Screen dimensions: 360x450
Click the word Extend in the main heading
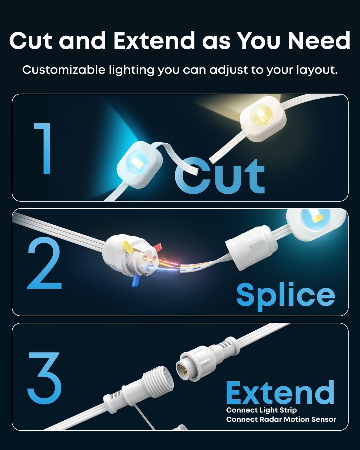pos(154,40)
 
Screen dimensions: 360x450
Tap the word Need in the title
pos(319,40)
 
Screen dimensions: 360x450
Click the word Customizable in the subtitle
pos(64,70)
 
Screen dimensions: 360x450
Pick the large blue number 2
pos(44,263)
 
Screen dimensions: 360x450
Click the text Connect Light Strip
pos(262,410)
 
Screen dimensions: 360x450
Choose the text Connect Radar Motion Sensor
pos(281,419)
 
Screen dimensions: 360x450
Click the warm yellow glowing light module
pos(263,118)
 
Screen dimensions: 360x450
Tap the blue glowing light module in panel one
pos(139,165)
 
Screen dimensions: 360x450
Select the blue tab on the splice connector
pos(136,280)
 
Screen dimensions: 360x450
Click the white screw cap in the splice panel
pos(251,248)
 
